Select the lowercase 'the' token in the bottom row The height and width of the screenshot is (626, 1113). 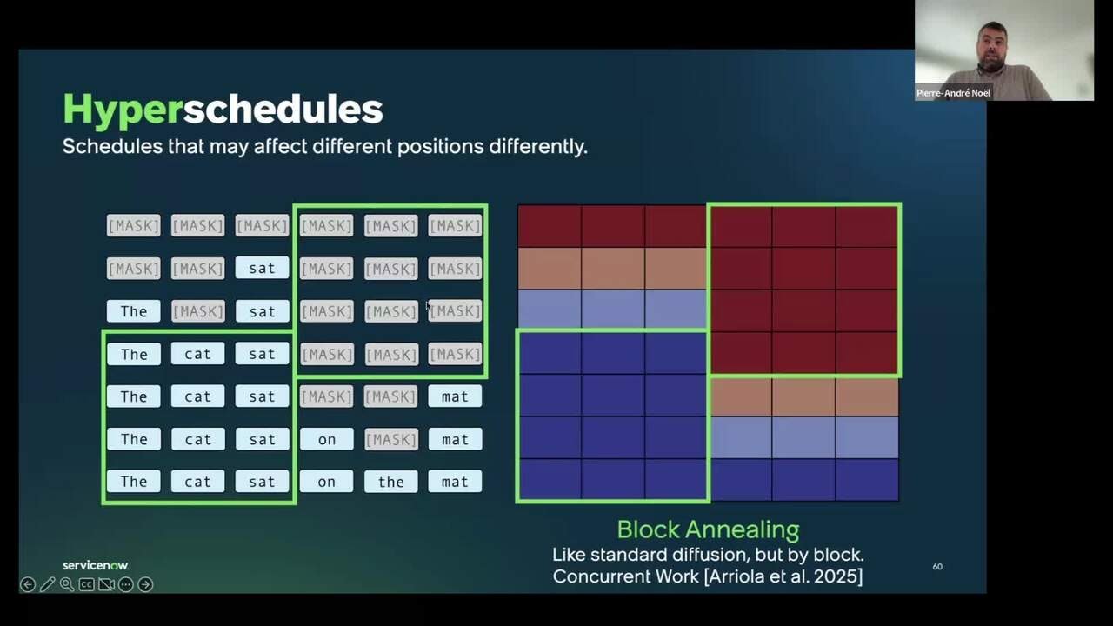[390, 482]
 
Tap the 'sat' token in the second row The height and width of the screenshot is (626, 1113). [262, 269]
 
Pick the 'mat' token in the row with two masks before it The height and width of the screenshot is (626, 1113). [455, 396]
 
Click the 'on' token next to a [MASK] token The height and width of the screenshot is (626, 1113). [326, 439]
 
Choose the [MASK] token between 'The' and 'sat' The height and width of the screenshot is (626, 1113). [197, 311]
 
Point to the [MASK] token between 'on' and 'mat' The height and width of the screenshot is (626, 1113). [390, 439]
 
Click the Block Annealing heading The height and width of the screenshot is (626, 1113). [708, 529]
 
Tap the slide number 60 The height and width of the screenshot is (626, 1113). [937, 567]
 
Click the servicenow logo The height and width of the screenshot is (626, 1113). [95, 565]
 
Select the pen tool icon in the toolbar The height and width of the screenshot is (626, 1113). [47, 584]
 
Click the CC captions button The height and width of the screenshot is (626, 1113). [86, 584]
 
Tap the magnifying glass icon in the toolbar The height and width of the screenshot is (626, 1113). [66, 584]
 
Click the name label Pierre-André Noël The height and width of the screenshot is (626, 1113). [953, 93]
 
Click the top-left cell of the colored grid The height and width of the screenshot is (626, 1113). [550, 226]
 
